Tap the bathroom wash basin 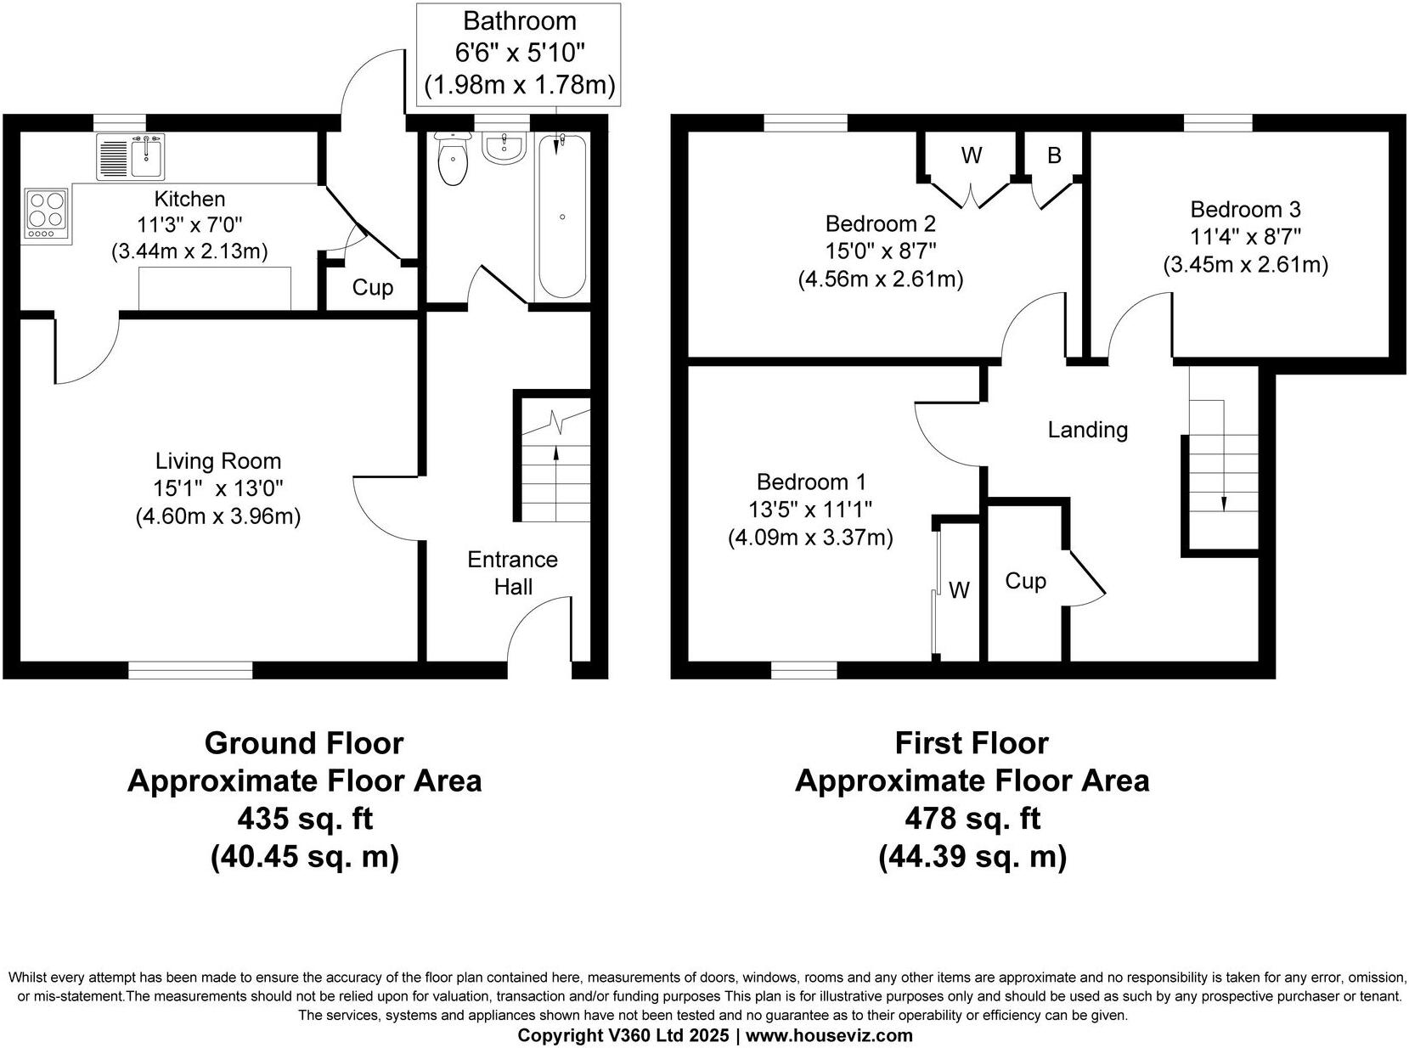tap(505, 147)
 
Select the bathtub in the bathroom tap(561, 216)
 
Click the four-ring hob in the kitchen tap(47, 212)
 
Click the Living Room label tap(217, 461)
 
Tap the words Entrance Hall tap(512, 573)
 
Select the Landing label tap(1087, 430)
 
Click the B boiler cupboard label tap(1054, 155)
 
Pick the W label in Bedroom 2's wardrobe tap(971, 155)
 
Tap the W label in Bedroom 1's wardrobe tap(959, 590)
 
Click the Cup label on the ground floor tap(373, 288)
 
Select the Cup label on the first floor tap(1025, 581)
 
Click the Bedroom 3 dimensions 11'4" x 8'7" tap(1245, 237)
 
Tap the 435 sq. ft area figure tap(304, 819)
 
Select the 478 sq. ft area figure tap(972, 819)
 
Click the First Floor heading tap(972, 743)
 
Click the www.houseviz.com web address tap(829, 1035)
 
